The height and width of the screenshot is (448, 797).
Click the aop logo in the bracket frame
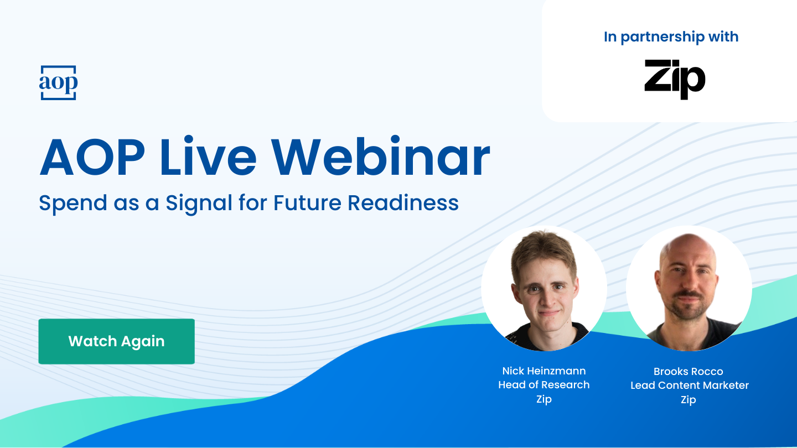click(58, 83)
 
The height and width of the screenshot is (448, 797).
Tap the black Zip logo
click(675, 80)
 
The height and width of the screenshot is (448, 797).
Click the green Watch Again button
click(116, 341)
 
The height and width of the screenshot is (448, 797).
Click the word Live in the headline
click(208, 158)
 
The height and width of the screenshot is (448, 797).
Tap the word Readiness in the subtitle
click(403, 203)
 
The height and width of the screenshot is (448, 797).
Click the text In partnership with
click(671, 37)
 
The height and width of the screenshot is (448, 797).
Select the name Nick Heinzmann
click(544, 371)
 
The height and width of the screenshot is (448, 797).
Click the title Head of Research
click(544, 385)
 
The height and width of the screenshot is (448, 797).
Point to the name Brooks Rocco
click(688, 371)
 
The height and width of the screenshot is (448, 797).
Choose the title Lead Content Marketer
click(689, 386)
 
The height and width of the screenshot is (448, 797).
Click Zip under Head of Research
click(544, 399)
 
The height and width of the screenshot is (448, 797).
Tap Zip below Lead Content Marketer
click(688, 400)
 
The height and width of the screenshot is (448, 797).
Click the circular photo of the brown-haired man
click(544, 288)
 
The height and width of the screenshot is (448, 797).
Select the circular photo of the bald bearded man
click(689, 288)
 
